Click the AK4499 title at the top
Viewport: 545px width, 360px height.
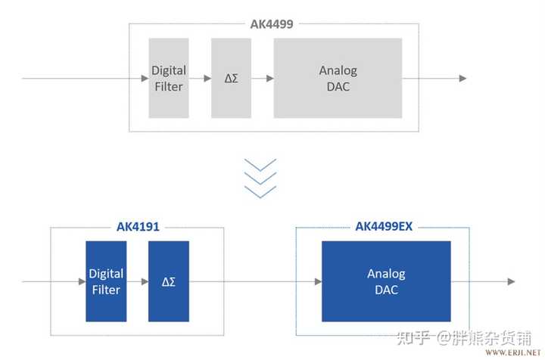click(272, 23)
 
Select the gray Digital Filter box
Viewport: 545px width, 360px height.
click(168, 78)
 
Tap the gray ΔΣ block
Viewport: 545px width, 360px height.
click(231, 78)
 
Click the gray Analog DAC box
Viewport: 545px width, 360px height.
click(338, 78)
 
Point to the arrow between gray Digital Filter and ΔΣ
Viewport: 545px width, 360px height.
click(199, 78)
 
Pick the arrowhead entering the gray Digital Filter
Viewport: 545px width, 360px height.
click(144, 78)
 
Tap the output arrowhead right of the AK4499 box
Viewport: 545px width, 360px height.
click(462, 78)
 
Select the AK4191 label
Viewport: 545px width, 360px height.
click(137, 226)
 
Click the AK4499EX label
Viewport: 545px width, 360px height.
click(383, 226)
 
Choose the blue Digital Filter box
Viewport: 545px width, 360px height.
click(106, 281)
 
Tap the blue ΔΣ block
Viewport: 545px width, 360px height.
click(168, 281)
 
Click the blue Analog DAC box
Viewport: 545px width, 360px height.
click(385, 281)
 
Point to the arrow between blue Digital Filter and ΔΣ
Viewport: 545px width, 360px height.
click(137, 281)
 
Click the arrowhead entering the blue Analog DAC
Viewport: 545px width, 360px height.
click(317, 281)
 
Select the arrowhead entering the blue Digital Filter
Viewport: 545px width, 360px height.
click(82, 281)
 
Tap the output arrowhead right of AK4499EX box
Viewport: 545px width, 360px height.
click(512, 281)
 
